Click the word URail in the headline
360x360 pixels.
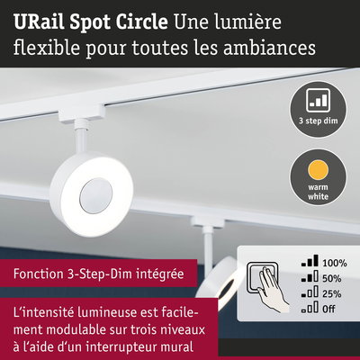click(x=39, y=22)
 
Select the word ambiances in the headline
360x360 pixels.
click(x=269, y=48)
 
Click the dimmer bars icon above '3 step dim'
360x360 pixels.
click(x=318, y=100)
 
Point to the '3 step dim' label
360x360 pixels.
click(x=318, y=121)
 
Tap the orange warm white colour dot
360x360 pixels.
click(x=318, y=170)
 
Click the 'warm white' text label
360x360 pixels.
click(x=318, y=192)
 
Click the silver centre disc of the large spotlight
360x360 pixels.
click(x=96, y=196)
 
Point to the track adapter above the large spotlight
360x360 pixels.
click(x=82, y=115)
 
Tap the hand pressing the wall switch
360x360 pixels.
click(x=273, y=288)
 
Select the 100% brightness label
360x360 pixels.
click(x=335, y=263)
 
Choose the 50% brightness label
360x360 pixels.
click(x=332, y=278)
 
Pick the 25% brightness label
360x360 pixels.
click(x=332, y=293)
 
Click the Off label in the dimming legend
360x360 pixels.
click(x=328, y=309)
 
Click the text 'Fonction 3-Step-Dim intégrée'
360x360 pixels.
click(x=98, y=274)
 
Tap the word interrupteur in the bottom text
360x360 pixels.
click(x=130, y=347)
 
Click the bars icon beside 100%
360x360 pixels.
click(x=310, y=261)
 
